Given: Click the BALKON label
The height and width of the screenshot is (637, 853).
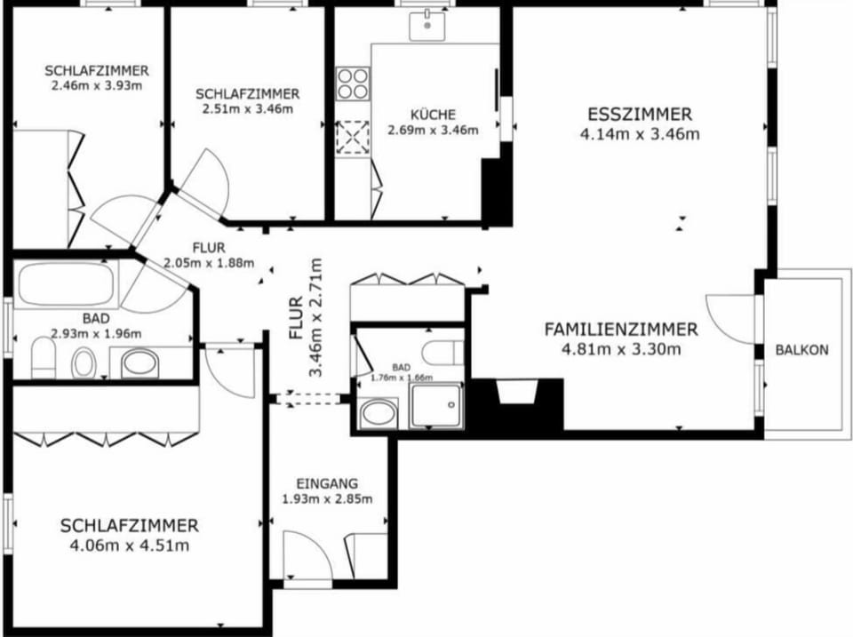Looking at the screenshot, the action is point(801,350).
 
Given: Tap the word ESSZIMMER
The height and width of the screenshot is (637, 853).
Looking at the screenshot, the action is point(640,115).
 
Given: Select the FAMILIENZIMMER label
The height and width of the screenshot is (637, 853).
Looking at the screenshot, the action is point(621,329).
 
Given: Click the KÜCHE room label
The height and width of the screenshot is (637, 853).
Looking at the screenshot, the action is point(433,115).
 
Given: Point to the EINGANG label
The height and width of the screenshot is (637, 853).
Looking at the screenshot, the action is point(327,483).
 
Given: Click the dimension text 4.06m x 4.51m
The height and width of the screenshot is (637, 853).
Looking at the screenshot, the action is point(130,545).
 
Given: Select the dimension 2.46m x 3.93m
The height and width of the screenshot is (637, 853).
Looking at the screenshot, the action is point(97,85).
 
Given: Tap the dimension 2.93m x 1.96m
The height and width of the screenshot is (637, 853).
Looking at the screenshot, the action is point(96,333).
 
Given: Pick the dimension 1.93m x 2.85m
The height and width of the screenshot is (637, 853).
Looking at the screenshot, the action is point(327,498).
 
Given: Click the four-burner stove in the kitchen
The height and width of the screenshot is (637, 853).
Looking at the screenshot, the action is point(353,84).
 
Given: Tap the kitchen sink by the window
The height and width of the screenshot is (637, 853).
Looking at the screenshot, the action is point(427,25).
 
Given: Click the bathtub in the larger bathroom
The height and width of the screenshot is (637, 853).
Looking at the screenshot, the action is point(67,284).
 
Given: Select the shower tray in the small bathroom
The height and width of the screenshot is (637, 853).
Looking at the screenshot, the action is point(437,405).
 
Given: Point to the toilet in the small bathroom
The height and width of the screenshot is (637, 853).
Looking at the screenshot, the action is point(442,354).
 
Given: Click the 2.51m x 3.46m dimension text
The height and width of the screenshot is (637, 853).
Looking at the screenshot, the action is point(248,108).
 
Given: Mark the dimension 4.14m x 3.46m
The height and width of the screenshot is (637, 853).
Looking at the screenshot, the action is point(640,134).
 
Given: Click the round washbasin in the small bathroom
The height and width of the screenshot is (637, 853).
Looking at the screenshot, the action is point(379,413).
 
